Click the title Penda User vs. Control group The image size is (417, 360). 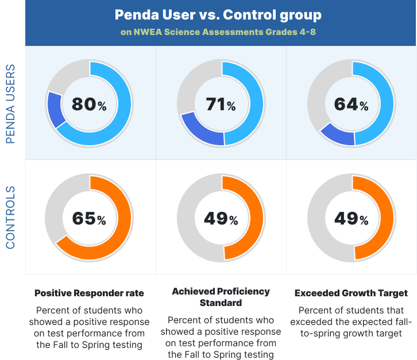pyautogui.click(x=218, y=14)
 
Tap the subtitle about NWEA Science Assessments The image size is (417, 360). pyautogui.click(x=218, y=32)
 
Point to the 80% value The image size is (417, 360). pyautogui.click(x=89, y=104)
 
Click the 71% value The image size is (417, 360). pyautogui.click(x=221, y=104)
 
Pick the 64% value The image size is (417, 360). pyautogui.click(x=351, y=104)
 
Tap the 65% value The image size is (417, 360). pyautogui.click(x=89, y=219)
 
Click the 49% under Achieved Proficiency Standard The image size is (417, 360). pyautogui.click(x=221, y=219)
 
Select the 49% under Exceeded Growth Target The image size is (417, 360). pyautogui.click(x=351, y=219)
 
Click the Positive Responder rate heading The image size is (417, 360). pyautogui.click(x=89, y=293)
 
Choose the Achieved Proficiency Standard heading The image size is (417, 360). pyautogui.click(x=221, y=297)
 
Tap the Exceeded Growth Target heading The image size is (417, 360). pyautogui.click(x=351, y=293)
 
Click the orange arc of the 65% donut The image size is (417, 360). pyautogui.click(x=121, y=230)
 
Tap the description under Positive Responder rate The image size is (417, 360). pyautogui.click(x=89, y=327)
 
